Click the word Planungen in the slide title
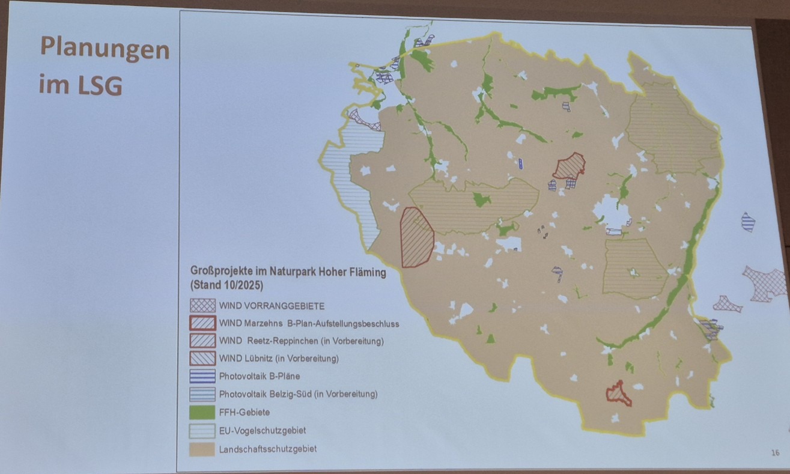[x=105, y=49]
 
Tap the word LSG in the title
[x=99, y=85]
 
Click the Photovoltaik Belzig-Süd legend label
[x=298, y=395]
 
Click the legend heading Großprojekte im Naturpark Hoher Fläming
[x=288, y=271]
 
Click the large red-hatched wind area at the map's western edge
[x=416, y=237]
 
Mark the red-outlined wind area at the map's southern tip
[x=619, y=393]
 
